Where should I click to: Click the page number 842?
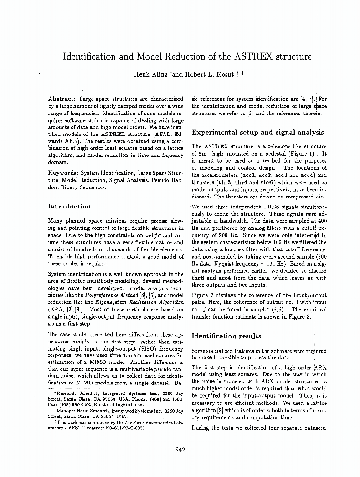[x=179, y=450]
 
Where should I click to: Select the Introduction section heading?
[x=69, y=207]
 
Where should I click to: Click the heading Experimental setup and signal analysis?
[x=257, y=132]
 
